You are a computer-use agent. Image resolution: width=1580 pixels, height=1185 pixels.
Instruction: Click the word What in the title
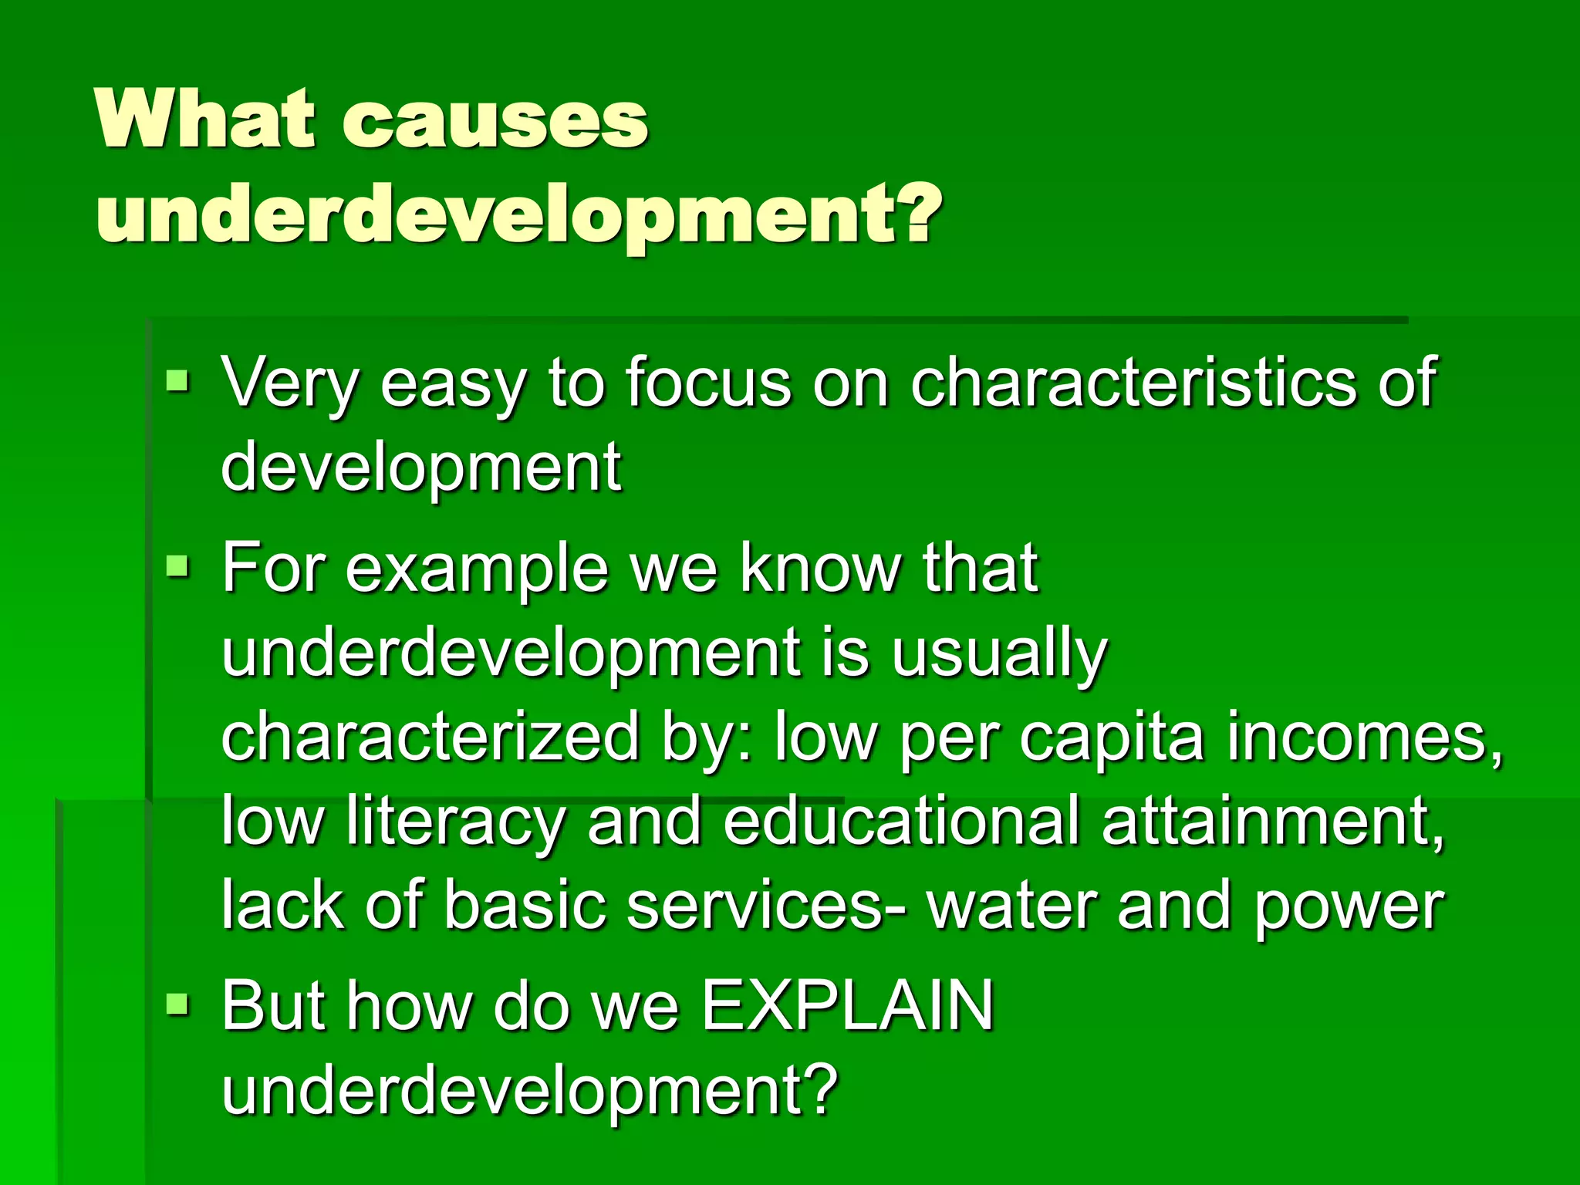pyautogui.click(x=205, y=120)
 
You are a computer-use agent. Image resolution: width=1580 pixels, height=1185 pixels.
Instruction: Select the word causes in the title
pyautogui.click(x=495, y=122)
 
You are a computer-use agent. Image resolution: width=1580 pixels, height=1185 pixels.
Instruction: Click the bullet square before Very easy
pyautogui.click(x=177, y=380)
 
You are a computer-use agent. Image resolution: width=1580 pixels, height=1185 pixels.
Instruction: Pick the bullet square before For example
pyautogui.click(x=177, y=566)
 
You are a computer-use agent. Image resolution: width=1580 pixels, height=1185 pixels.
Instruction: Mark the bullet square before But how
pyautogui.click(x=177, y=1004)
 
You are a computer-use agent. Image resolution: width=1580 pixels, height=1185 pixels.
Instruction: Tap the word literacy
pyautogui.click(x=455, y=821)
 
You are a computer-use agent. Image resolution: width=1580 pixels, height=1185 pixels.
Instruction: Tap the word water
pyautogui.click(x=1015, y=906)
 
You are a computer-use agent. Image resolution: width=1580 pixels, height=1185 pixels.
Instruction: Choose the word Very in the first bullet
pyautogui.click(x=289, y=381)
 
